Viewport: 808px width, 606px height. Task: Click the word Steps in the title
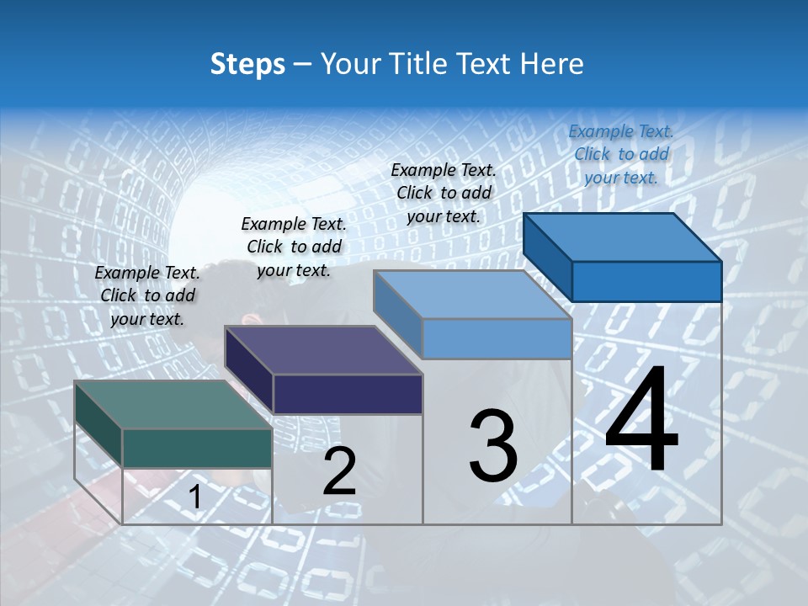[247, 64]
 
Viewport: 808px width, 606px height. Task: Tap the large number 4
[641, 421]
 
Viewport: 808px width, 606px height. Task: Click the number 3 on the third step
[493, 446]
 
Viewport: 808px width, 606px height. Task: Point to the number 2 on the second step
[339, 472]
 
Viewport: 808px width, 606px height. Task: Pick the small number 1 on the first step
[194, 497]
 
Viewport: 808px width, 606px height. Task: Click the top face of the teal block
[173, 404]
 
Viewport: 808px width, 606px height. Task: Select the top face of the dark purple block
[323, 349]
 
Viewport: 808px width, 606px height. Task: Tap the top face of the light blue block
[473, 295]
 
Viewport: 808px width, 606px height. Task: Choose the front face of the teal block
[197, 448]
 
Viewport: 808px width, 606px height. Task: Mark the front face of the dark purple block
[348, 394]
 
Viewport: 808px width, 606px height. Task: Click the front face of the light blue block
[497, 339]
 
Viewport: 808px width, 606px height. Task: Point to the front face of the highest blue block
[646, 281]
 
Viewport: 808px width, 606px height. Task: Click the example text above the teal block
[147, 295]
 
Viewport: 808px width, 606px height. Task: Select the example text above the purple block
[294, 247]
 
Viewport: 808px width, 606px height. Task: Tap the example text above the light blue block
[444, 193]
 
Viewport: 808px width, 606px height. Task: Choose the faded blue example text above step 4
[621, 154]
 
